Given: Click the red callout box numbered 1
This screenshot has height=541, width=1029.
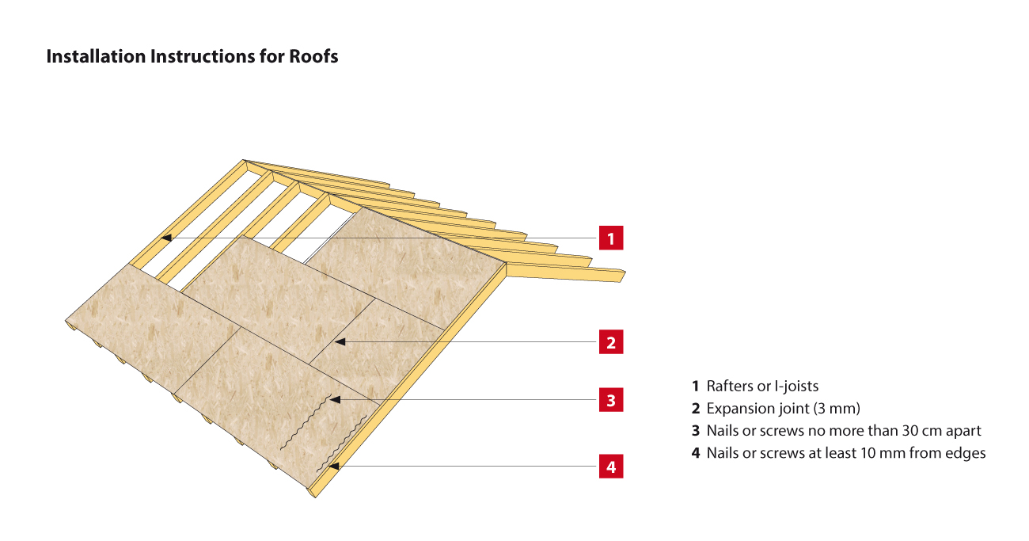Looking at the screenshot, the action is (611, 238).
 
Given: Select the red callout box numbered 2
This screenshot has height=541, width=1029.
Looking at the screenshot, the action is (611, 342).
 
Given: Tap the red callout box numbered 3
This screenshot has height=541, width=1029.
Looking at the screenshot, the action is (611, 400).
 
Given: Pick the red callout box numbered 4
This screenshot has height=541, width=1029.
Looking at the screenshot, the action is (611, 466).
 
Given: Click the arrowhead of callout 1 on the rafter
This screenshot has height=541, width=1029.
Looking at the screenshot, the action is (166, 238).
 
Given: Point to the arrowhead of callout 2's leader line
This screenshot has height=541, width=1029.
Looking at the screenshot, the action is (340, 342).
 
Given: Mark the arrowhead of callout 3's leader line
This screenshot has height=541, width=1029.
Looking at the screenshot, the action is (335, 400).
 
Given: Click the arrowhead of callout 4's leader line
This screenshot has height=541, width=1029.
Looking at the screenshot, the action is (334, 466).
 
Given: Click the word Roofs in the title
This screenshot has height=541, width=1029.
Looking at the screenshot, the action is (313, 56).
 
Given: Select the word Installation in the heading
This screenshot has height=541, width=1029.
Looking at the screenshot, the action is (96, 56).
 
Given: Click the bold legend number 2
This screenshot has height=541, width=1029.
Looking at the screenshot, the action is (696, 409).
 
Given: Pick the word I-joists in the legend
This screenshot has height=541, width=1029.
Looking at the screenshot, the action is (796, 387).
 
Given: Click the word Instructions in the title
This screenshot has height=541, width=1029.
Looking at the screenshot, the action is (203, 56).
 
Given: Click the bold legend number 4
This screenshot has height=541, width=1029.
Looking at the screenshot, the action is (696, 453).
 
